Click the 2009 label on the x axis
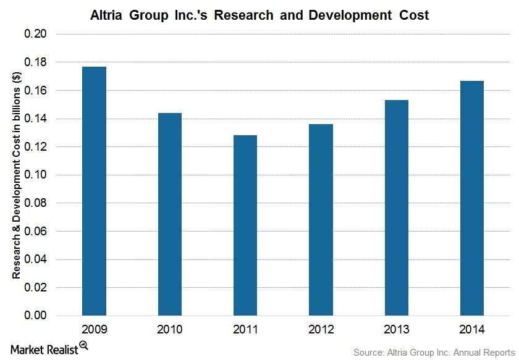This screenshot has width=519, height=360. pyautogui.click(x=94, y=330)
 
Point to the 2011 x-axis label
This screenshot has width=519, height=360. pyautogui.click(x=245, y=330)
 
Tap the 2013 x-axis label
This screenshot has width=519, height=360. pyautogui.click(x=396, y=330)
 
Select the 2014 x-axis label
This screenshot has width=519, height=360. pyautogui.click(x=472, y=330)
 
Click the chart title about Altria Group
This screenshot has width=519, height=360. pyautogui.click(x=259, y=14)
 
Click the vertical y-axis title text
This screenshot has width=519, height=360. pyautogui.click(x=17, y=175)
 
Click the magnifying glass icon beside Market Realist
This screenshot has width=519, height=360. pyautogui.click(x=83, y=346)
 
